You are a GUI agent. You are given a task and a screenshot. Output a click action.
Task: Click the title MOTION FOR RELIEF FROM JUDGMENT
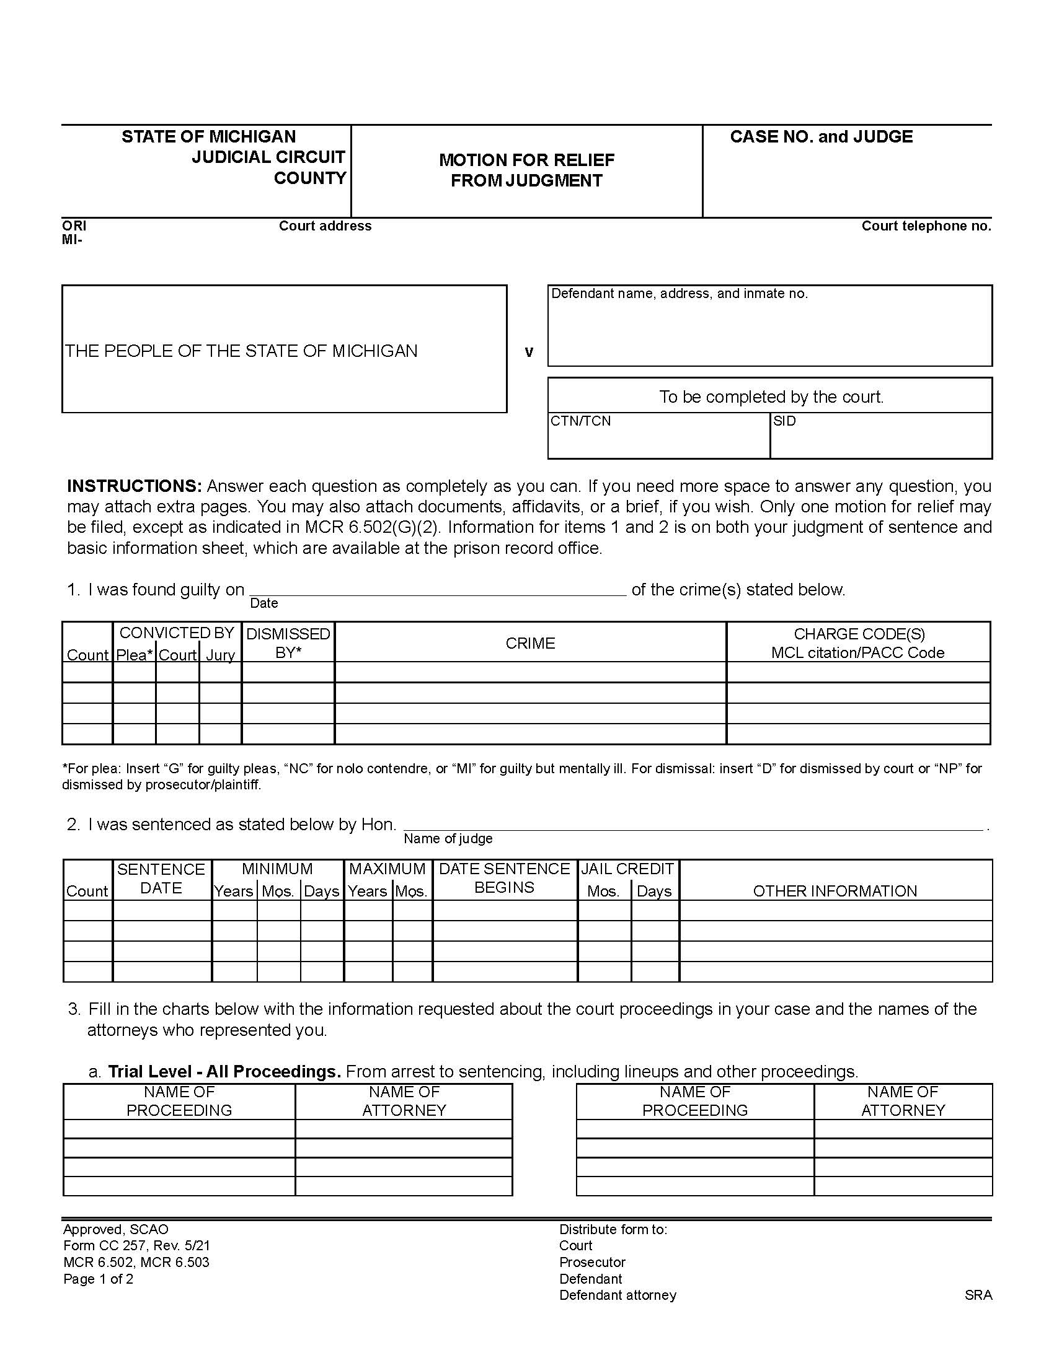tap(526, 170)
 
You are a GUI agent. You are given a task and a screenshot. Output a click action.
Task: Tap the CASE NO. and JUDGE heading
tap(821, 137)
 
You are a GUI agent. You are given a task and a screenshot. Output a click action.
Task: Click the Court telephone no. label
tap(926, 226)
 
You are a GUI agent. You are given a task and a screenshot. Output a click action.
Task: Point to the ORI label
tap(74, 226)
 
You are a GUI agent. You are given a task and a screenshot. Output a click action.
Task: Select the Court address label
tap(325, 226)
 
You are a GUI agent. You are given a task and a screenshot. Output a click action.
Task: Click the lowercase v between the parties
tap(529, 353)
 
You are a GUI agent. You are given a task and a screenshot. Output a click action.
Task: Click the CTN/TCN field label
tap(581, 421)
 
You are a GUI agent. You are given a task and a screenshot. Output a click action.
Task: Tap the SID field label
tap(784, 421)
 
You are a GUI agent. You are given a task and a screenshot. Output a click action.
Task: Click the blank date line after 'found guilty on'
tap(437, 590)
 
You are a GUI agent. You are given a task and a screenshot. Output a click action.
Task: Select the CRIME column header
tap(530, 644)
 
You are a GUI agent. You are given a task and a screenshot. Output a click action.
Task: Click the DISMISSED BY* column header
tap(288, 643)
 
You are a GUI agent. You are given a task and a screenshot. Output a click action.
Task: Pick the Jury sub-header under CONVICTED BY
tap(221, 655)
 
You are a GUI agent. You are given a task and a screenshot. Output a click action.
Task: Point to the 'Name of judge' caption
tap(448, 839)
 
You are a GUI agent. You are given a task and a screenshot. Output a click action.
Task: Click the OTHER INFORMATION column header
tap(835, 891)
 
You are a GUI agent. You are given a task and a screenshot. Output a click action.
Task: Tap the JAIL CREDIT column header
tap(627, 869)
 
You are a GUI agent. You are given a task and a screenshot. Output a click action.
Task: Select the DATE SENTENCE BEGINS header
tap(505, 878)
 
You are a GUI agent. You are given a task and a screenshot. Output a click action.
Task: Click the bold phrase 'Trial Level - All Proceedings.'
tap(224, 1072)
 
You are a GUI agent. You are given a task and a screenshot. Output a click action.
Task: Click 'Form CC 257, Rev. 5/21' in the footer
tap(136, 1246)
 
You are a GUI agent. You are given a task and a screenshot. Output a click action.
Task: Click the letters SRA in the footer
tap(978, 1295)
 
